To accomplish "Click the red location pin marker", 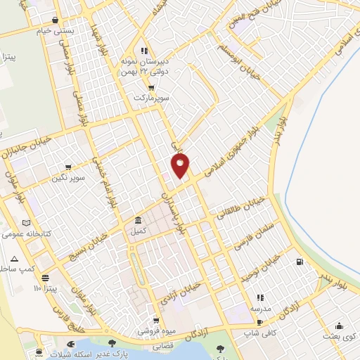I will (x=181, y=165).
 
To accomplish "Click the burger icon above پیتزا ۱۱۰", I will (x=46, y=278).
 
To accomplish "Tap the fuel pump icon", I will (x=301, y=262).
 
